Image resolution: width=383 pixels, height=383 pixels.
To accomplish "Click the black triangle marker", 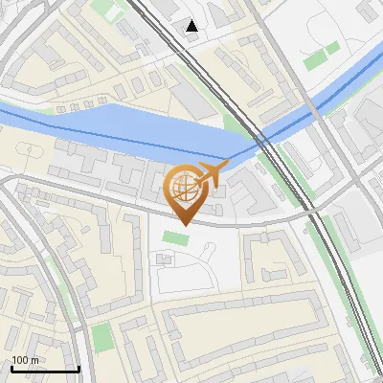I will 192,26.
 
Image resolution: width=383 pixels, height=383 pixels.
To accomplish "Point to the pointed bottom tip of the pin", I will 183,225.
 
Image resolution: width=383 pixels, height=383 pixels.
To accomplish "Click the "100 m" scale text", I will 26,360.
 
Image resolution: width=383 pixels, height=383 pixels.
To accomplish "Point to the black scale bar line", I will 44,369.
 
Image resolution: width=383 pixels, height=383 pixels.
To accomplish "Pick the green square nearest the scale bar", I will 102,337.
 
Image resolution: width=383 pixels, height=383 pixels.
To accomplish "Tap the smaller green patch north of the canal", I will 332,48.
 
